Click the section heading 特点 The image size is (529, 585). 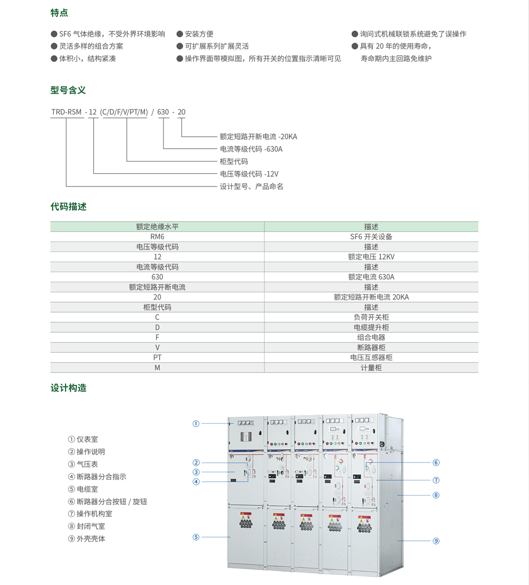pyautogui.click(x=59, y=13)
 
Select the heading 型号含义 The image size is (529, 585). pyautogui.click(x=68, y=90)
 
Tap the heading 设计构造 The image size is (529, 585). pyautogui.click(x=68, y=388)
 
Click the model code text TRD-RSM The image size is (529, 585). pyautogui.click(x=66, y=112)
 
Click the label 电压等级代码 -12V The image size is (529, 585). pyautogui.click(x=249, y=174)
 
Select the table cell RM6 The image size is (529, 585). pyautogui.click(x=157, y=237)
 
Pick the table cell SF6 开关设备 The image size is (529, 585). pyautogui.click(x=371, y=237)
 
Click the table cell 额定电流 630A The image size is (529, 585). pyautogui.click(x=371, y=277)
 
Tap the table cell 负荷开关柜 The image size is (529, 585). pyautogui.click(x=371, y=317)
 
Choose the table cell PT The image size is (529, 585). pyautogui.click(x=157, y=357)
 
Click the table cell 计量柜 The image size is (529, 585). pyautogui.click(x=371, y=368)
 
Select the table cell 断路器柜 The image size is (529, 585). pyautogui.click(x=371, y=347)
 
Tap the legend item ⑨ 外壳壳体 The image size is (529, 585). pyautogui.click(x=87, y=539)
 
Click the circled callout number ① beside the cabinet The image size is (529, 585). pyautogui.click(x=196, y=424)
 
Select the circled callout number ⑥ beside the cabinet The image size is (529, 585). pyautogui.click(x=436, y=462)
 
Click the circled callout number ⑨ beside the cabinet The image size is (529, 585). pyautogui.click(x=436, y=541)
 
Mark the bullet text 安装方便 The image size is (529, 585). pyautogui.click(x=199, y=34)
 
